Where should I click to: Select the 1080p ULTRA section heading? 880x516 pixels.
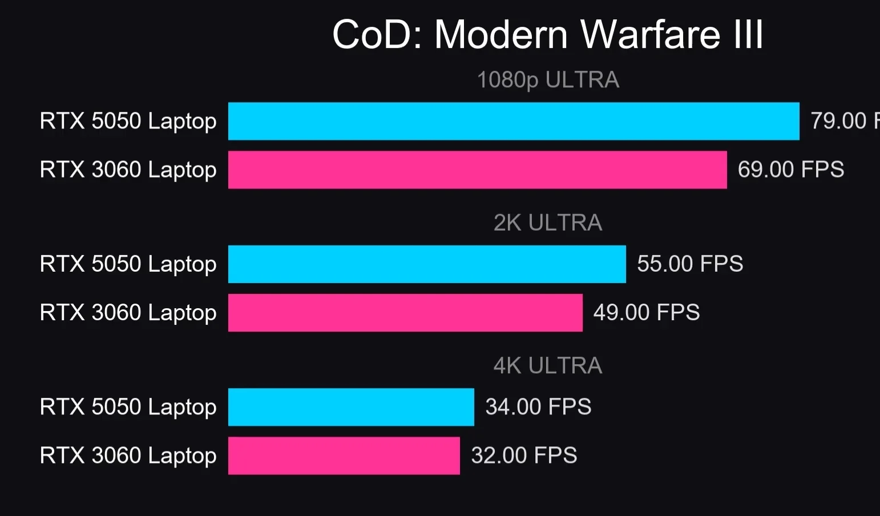(x=548, y=80)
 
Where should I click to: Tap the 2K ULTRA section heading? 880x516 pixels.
(x=548, y=223)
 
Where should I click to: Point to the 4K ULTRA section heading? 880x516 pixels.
(x=548, y=365)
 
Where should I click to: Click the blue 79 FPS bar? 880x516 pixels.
(x=514, y=121)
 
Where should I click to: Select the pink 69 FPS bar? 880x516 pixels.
(x=478, y=170)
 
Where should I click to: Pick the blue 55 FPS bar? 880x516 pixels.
(x=427, y=264)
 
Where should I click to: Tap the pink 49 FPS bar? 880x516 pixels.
(x=405, y=312)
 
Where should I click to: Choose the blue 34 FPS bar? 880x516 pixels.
(x=351, y=407)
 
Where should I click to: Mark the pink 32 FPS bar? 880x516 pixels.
(x=344, y=455)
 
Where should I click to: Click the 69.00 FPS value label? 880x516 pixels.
(x=790, y=170)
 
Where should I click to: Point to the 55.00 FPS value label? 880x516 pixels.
(x=690, y=264)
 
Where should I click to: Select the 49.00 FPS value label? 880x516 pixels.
(x=646, y=312)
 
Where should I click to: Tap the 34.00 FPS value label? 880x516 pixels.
(x=538, y=407)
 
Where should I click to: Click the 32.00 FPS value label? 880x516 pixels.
(x=524, y=455)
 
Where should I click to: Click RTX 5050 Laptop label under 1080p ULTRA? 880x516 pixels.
(x=128, y=121)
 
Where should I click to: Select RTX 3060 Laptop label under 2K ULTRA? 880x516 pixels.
(x=128, y=312)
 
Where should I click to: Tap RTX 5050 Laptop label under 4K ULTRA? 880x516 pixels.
(x=128, y=407)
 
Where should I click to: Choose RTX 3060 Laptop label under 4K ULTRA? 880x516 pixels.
(x=128, y=455)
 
